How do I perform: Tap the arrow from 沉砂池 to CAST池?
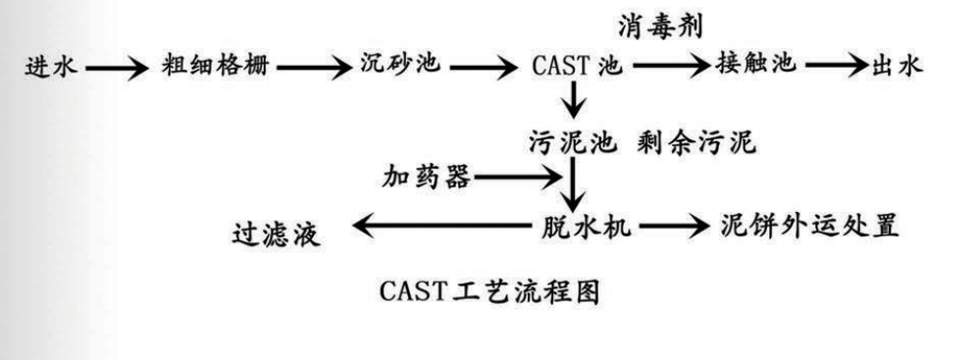pos(486,69)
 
